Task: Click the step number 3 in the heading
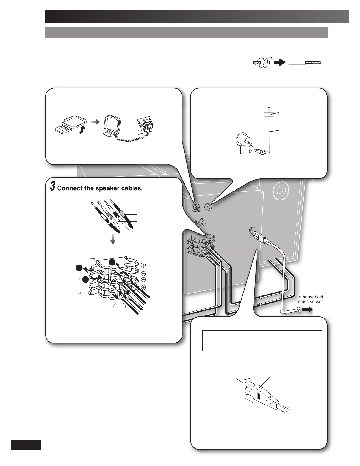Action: click(53, 186)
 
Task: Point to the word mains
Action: click(302, 302)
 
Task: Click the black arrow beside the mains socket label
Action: click(307, 310)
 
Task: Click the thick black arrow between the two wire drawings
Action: click(280, 62)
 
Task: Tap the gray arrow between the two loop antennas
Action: click(95, 122)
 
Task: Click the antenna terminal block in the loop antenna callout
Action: click(145, 124)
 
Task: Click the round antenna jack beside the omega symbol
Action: click(244, 140)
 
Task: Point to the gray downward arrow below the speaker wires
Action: click(113, 239)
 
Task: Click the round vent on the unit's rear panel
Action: click(281, 190)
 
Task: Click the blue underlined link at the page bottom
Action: click(58, 463)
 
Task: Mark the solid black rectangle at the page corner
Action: click(26, 445)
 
